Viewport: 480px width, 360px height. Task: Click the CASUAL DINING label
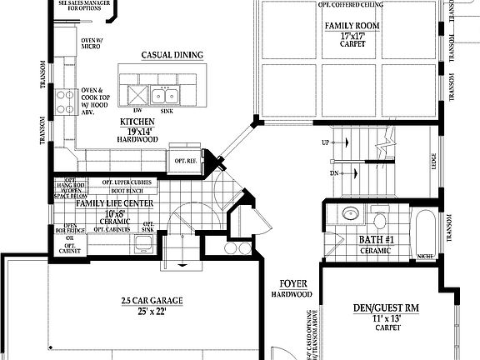coord(172,55)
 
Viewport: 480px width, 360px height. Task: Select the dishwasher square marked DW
coord(136,92)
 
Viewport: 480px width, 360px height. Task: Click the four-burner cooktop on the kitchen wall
coord(63,102)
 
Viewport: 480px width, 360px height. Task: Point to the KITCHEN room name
coord(137,122)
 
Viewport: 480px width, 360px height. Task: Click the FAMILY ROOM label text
coord(352,25)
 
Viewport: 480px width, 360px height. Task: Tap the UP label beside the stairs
coord(325,143)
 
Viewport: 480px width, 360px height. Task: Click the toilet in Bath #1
coord(380,221)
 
